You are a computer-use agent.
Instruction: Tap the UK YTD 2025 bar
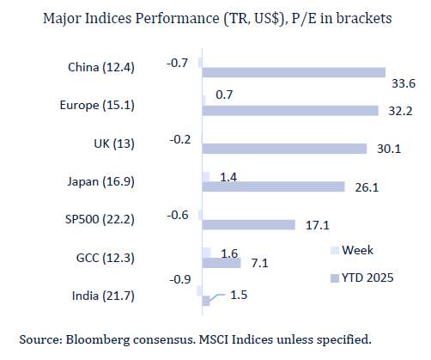click(284, 149)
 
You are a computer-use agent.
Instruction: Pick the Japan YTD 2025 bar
click(273, 186)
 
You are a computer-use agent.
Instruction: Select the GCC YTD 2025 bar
click(221, 262)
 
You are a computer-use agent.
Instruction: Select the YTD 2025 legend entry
click(364, 278)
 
